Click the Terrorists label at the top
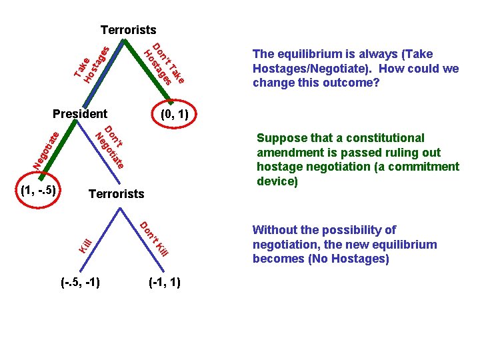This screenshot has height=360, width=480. pyautogui.click(x=128, y=30)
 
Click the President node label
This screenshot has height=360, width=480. pyautogui.click(x=80, y=114)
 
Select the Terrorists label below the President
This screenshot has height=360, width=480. pyautogui.click(x=116, y=194)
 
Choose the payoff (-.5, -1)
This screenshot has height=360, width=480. pyautogui.click(x=79, y=282)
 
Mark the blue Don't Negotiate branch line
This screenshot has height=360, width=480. pyautogui.click(x=101, y=153)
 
